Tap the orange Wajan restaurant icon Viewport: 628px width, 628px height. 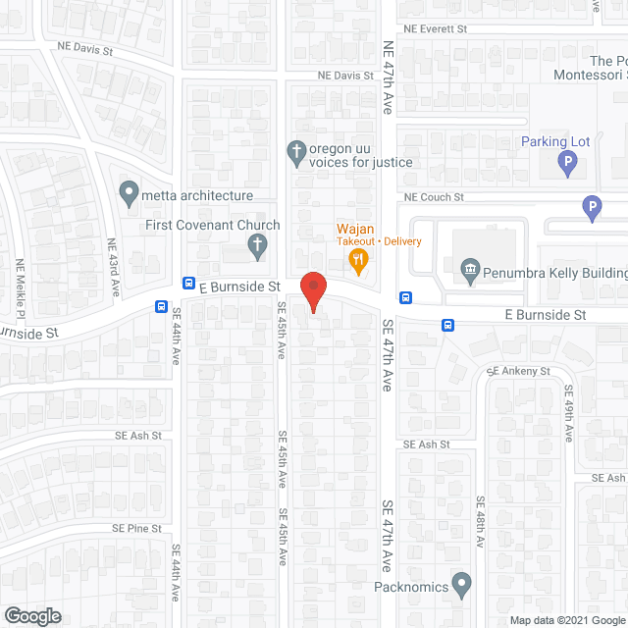[359, 260]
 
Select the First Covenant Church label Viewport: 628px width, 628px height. [212, 225]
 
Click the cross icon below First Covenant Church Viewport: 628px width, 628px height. [257, 245]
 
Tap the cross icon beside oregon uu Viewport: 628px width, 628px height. [294, 151]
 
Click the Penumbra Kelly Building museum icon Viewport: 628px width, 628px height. [469, 268]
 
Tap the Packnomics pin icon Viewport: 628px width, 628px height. [462, 585]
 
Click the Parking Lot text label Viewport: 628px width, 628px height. [555, 141]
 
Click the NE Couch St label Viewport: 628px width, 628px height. [434, 197]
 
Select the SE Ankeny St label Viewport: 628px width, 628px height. [520, 372]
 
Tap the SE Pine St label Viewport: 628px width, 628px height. [136, 528]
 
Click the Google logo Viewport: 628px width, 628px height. [31, 615]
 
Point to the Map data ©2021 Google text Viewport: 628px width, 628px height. [566, 620]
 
